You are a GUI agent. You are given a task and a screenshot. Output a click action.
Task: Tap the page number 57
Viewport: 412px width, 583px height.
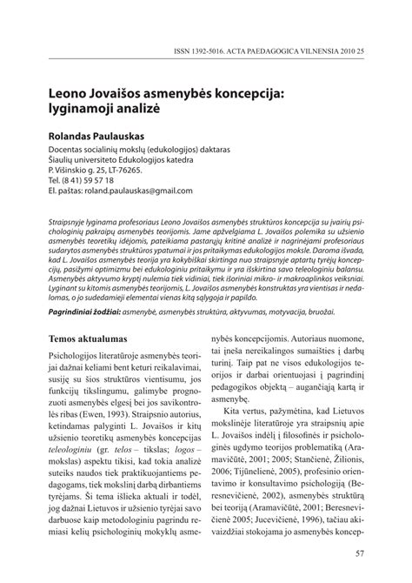358,553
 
